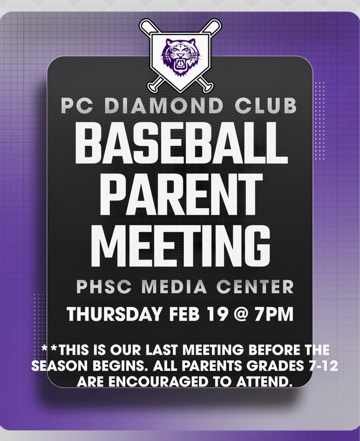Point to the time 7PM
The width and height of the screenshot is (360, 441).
coord(276,315)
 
